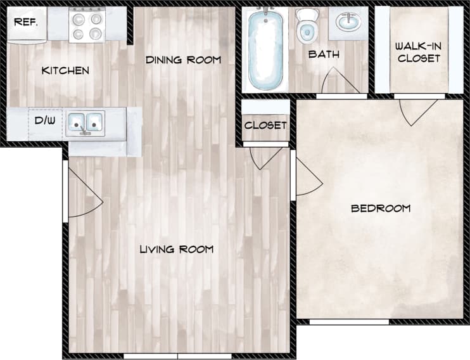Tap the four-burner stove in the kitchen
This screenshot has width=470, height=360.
86,26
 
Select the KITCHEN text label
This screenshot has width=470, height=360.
65,70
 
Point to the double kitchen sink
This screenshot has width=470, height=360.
86,121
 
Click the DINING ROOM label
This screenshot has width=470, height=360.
183,60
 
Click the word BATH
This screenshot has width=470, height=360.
324,55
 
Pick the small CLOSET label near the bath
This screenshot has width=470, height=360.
265,125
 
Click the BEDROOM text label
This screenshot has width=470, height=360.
380,209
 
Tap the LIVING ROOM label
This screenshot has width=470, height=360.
176,249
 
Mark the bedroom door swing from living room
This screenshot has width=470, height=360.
307,177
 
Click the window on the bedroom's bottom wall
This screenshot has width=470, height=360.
348,322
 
